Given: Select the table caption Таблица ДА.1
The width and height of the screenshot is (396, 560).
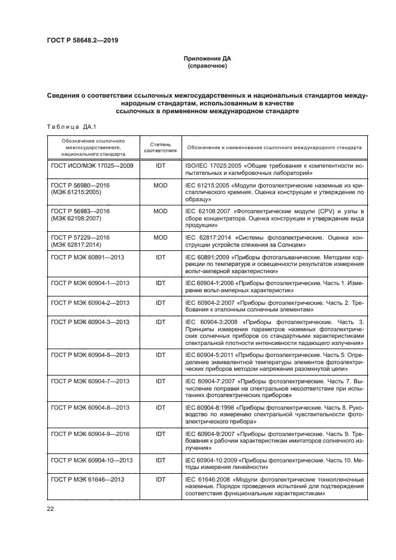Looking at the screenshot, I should pyautogui.click(x=67, y=126).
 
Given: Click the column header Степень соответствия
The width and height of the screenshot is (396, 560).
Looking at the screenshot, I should pyautogui.click(x=160, y=147).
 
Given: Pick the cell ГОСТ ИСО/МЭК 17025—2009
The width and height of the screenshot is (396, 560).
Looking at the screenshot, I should pyautogui.click(x=92, y=165).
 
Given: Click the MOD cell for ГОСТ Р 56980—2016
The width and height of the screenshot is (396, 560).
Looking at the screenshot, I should pyautogui.click(x=160, y=186).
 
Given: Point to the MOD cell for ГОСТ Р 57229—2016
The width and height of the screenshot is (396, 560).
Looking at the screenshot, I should pyautogui.click(x=160, y=237).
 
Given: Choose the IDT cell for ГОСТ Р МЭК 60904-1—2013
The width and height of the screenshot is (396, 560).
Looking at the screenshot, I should pyautogui.click(x=160, y=283).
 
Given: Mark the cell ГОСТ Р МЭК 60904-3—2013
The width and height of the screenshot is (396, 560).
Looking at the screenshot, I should pyautogui.click(x=90, y=322).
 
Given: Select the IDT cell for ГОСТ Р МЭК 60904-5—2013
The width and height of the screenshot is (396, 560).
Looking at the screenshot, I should pyautogui.click(x=160, y=355).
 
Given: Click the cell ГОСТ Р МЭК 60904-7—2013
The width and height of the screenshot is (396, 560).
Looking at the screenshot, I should pyautogui.click(x=90, y=381).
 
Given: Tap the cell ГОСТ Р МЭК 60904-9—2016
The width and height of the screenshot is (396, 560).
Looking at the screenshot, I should pyautogui.click(x=90, y=433).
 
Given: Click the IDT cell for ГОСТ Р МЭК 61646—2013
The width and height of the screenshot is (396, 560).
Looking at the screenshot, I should pyautogui.click(x=160, y=479).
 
